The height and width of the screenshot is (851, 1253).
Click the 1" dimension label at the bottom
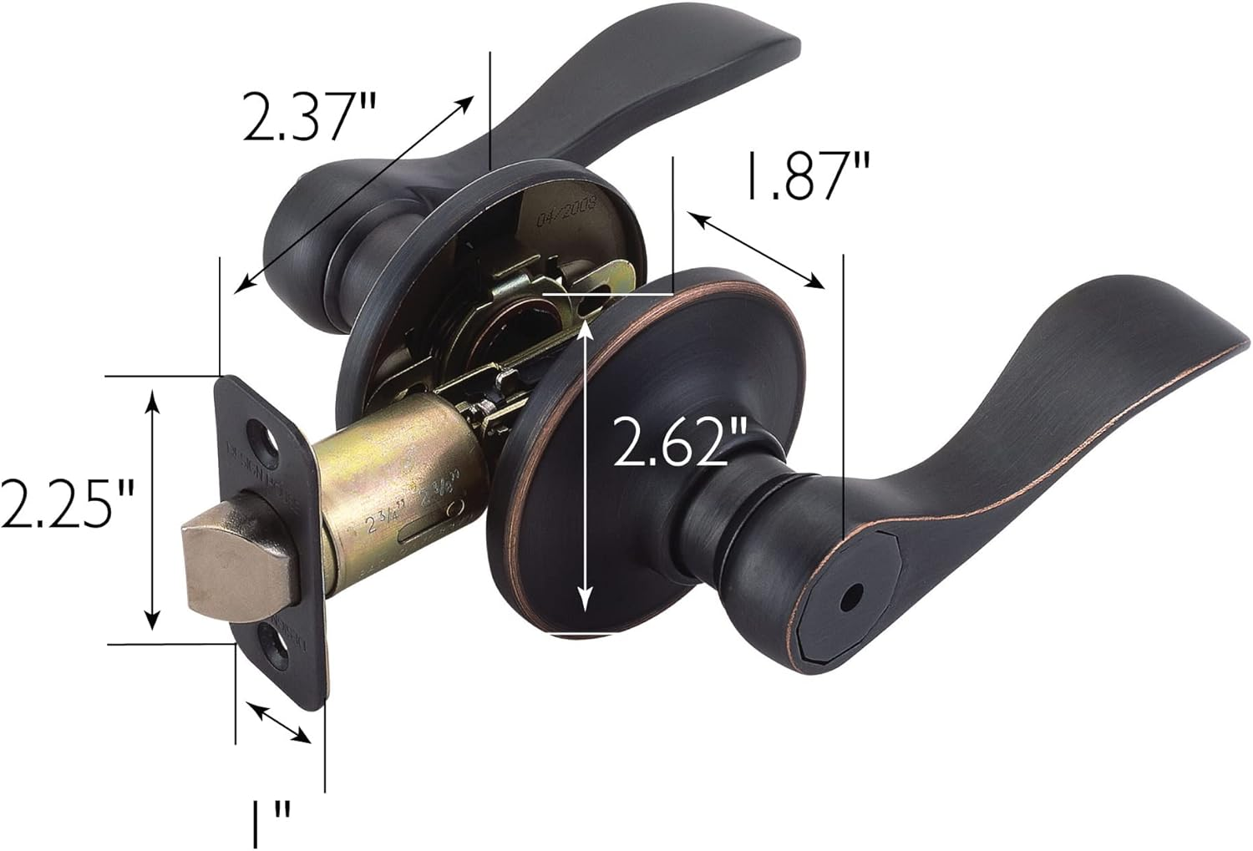click(x=271, y=822)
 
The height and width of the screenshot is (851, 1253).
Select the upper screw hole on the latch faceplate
click(x=265, y=435)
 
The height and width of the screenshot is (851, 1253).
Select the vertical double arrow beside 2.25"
click(x=152, y=509)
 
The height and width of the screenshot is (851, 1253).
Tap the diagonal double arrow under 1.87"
click(x=757, y=251)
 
